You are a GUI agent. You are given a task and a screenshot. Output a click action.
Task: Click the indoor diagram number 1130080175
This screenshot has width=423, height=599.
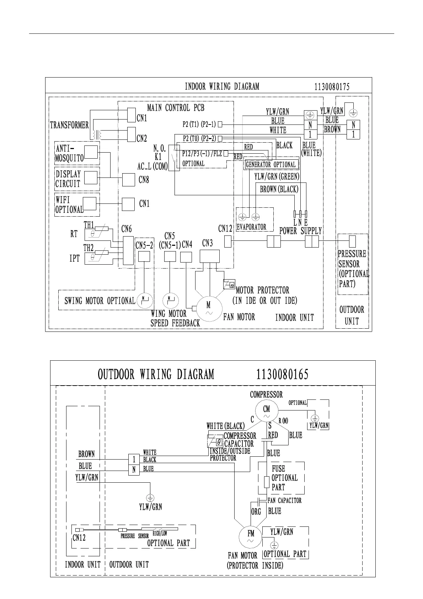click(332, 87)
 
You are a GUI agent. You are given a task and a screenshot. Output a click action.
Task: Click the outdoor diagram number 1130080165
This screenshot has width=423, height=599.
click(282, 375)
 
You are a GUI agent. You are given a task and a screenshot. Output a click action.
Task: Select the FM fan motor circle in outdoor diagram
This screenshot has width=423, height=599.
click(251, 537)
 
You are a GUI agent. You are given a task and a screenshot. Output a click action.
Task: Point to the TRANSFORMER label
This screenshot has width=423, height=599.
click(69, 125)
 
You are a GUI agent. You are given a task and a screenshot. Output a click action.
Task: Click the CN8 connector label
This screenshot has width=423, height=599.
click(144, 180)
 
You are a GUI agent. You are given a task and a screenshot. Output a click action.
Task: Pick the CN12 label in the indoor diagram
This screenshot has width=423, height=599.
click(225, 229)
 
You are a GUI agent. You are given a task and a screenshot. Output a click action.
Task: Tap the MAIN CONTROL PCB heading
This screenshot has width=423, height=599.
click(176, 107)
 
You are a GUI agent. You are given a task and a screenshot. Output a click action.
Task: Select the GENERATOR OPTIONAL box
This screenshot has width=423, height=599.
click(271, 164)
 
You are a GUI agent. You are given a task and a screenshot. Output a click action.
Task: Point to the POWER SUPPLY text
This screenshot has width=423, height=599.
click(300, 231)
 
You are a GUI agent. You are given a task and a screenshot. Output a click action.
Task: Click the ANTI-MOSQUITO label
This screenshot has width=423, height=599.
click(69, 153)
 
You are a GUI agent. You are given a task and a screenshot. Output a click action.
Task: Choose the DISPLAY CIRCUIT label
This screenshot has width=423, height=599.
click(68, 179)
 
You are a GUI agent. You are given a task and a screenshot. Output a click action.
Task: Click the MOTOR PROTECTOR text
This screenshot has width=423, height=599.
click(262, 290)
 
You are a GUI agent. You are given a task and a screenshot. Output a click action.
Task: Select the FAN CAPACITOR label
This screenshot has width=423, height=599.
click(284, 500)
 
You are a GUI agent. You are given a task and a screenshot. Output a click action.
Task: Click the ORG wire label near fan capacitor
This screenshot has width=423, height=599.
click(256, 511)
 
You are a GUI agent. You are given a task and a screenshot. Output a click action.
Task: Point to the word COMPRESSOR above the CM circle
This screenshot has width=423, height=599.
click(266, 394)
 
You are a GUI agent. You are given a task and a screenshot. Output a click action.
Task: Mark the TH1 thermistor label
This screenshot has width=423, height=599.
click(89, 225)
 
